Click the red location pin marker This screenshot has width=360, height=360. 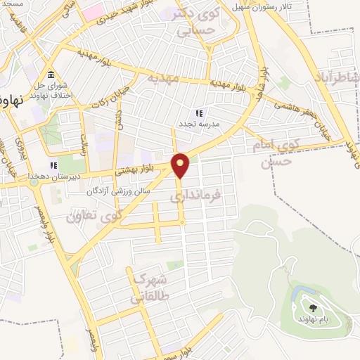[x=181, y=165]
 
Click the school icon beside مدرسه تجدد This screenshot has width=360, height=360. [x=199, y=113]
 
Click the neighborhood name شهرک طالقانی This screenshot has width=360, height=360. [x=147, y=288]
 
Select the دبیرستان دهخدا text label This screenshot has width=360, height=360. [x=51, y=176]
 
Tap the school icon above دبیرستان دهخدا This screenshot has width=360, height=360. [x=52, y=165]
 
